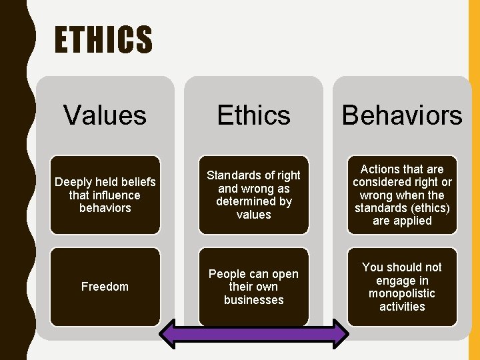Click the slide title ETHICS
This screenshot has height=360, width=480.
coord(103,40)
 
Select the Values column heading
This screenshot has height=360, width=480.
coord(105,115)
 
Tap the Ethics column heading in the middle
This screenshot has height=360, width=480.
coord(254,115)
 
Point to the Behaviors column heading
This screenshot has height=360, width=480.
coord(402,115)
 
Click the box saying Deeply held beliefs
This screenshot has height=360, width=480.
coord(105,195)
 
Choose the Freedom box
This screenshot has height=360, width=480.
coord(105,287)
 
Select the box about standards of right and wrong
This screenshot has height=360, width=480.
coord(254,195)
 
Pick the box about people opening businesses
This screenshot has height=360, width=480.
coord(254,287)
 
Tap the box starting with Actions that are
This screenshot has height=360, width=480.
coord(402,195)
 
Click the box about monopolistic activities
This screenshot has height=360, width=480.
coord(402,287)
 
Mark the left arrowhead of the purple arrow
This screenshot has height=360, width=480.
coord(168,334)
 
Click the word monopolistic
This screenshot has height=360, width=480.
coord(402,293)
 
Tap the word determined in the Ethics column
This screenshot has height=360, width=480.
coord(254,201)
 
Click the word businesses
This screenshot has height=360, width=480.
coord(254,300)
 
